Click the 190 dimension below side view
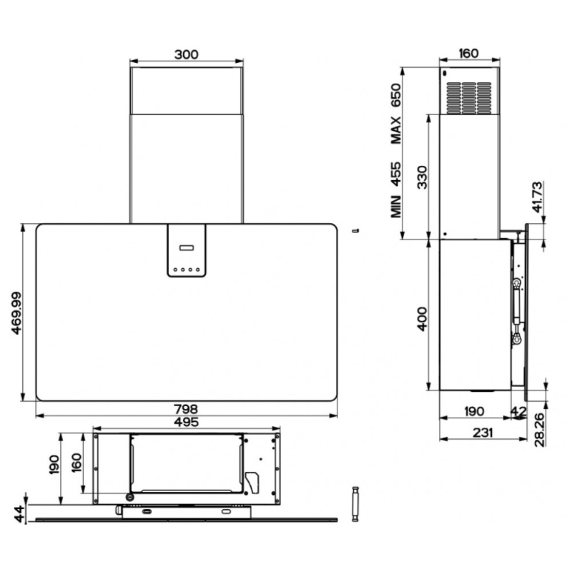473,412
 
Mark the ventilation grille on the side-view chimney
469,98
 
